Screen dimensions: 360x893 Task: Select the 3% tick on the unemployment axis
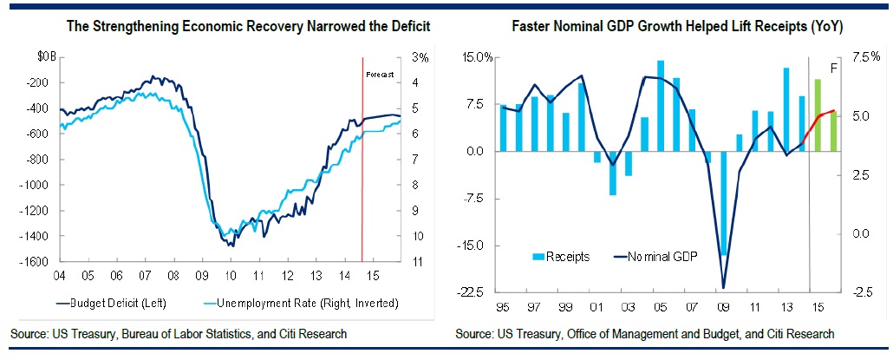(x=421, y=57)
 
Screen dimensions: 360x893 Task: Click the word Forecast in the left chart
(x=380, y=75)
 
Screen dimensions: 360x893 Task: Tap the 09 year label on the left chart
(x=201, y=275)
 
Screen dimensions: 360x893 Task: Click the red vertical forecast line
(x=362, y=173)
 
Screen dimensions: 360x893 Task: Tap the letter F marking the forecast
(x=835, y=67)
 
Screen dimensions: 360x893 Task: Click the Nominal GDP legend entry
(x=655, y=256)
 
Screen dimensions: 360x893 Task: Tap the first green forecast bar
(x=818, y=115)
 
